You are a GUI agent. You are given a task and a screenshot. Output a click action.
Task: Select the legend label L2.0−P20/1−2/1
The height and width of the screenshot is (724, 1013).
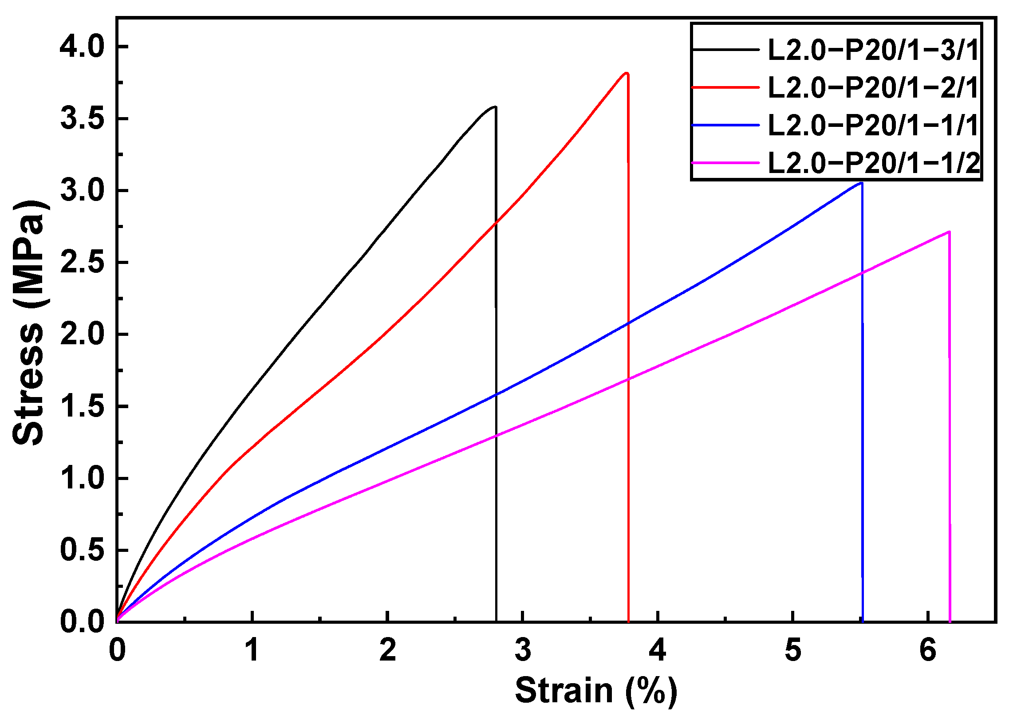[x=872, y=87]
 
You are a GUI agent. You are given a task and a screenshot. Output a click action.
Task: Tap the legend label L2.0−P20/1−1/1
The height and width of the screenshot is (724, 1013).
[x=872, y=125]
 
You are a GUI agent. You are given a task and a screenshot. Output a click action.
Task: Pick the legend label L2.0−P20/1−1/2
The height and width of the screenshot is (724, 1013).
[x=873, y=163]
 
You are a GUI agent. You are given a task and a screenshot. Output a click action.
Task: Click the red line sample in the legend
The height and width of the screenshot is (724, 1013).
[x=725, y=87]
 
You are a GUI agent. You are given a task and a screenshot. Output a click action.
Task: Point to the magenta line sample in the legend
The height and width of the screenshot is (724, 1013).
[x=725, y=163]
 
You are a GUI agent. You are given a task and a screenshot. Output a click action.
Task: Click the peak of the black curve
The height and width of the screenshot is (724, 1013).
[x=494, y=106]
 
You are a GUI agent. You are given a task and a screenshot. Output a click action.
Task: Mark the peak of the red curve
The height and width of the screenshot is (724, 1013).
[x=627, y=73]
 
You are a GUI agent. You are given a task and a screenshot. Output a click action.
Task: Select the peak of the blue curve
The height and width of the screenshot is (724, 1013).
[x=861, y=183]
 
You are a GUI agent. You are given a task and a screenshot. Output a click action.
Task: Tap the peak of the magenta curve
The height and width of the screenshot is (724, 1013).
[x=948, y=232]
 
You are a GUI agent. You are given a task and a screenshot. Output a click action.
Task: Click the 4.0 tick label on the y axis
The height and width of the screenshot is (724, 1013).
[x=82, y=47]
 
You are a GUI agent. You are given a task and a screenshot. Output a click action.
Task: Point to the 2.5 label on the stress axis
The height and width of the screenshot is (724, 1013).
[x=82, y=263]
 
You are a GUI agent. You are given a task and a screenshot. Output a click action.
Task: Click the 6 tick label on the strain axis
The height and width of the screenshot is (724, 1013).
[x=927, y=650]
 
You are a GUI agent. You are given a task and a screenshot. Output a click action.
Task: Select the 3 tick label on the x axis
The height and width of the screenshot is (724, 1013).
[x=523, y=650]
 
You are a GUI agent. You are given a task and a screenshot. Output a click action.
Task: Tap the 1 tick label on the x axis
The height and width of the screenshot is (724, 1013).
[x=252, y=650]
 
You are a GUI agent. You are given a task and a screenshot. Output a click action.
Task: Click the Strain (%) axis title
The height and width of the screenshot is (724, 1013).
[x=595, y=691]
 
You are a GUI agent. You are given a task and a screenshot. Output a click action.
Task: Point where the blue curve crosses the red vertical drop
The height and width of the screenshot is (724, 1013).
[x=628, y=324]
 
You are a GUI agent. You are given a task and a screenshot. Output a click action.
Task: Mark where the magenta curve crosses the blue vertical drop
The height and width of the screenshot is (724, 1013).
[x=862, y=272]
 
